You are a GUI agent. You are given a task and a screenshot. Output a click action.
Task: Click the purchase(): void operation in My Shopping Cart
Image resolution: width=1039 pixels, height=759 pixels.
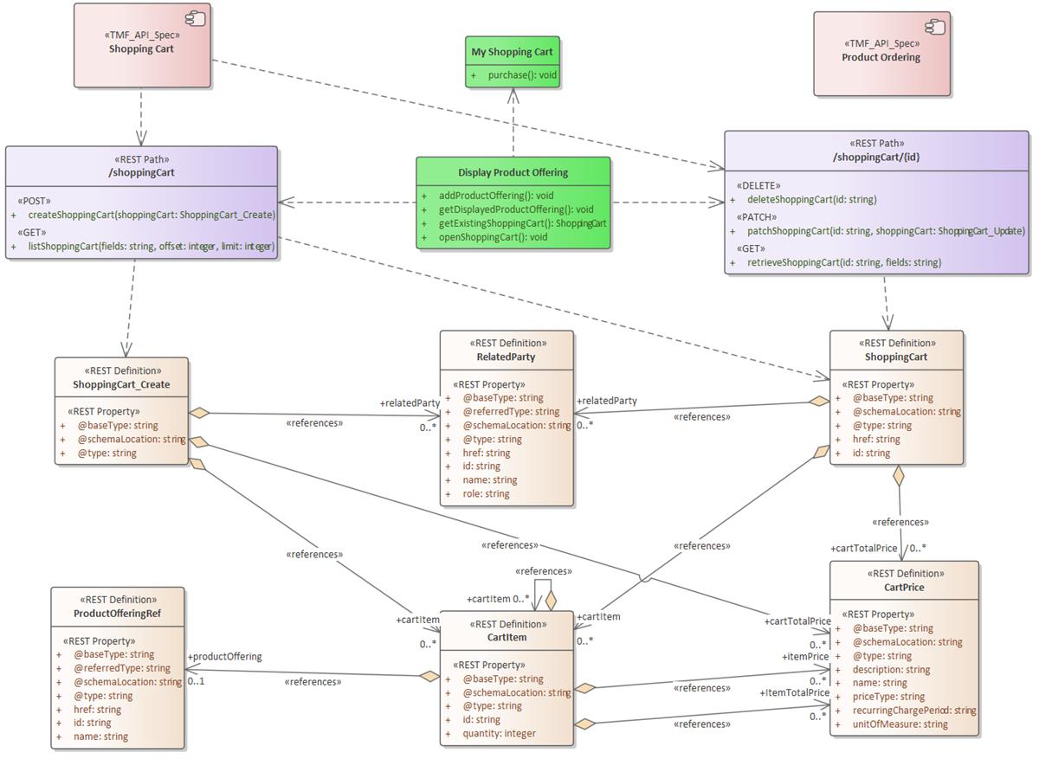522,75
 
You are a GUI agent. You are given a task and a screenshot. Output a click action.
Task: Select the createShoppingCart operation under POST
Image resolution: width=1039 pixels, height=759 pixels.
152,215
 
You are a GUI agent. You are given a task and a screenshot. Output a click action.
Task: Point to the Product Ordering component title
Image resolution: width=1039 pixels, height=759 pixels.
881,58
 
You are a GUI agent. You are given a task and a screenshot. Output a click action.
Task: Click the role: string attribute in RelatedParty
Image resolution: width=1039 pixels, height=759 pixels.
486,494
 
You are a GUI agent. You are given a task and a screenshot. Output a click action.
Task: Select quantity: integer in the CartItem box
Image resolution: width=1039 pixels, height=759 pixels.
499,733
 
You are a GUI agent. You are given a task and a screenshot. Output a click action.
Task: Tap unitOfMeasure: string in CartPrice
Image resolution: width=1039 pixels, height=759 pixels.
900,724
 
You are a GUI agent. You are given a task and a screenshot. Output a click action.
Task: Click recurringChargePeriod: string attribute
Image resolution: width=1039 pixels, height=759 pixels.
913,711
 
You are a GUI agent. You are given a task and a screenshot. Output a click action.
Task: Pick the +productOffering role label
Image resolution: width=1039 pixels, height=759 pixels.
225,656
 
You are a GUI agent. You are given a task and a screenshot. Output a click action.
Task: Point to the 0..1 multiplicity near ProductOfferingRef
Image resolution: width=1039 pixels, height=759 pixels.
197,680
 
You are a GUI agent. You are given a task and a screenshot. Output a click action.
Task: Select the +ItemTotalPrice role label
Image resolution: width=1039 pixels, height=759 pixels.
795,692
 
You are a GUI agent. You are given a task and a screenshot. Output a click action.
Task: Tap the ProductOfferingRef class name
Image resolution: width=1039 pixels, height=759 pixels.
117,614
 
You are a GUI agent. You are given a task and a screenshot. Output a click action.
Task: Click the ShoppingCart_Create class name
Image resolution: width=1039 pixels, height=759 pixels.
121,384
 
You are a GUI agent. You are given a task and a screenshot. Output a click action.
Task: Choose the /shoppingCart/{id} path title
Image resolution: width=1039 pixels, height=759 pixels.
875,157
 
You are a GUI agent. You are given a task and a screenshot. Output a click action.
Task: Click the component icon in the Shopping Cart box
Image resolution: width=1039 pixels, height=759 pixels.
196,18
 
